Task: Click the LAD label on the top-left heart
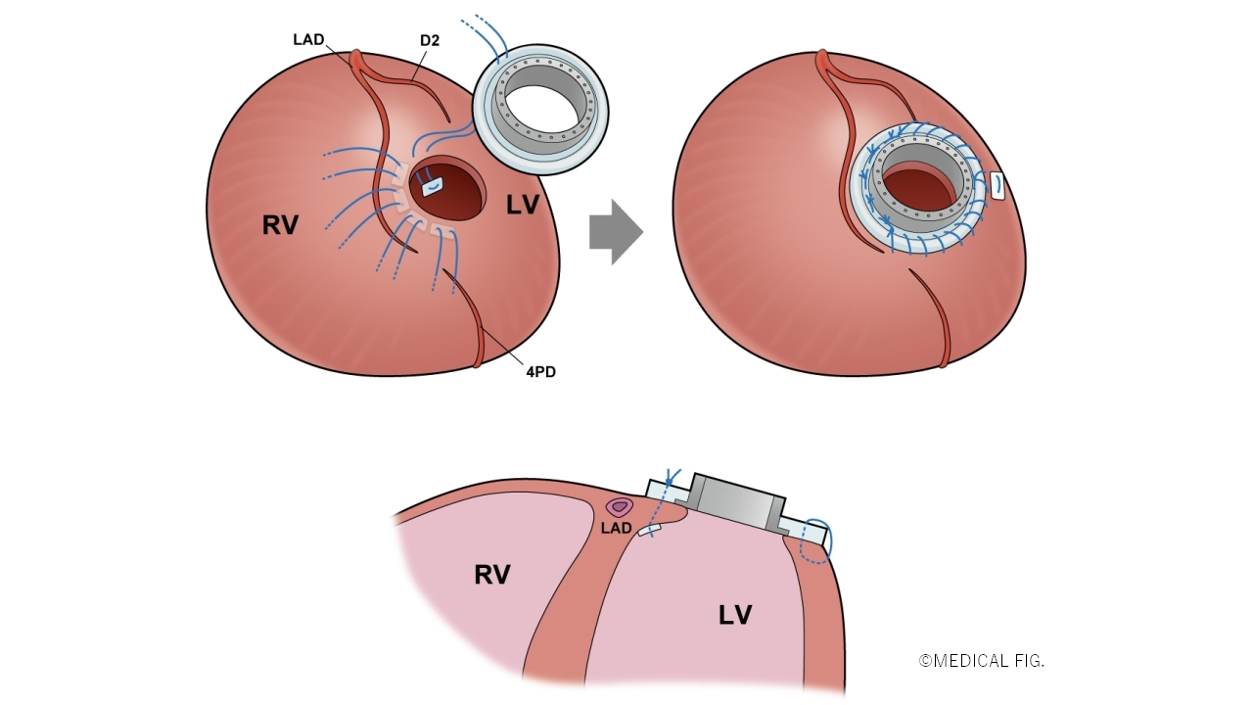point(308,40)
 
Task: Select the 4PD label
point(539,372)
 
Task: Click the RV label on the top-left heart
point(280,225)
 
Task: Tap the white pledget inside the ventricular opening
point(433,184)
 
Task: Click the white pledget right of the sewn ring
point(998,186)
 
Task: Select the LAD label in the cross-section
point(616,529)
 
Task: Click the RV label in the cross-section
point(492,575)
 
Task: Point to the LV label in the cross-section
point(735,615)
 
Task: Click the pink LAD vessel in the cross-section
point(619,507)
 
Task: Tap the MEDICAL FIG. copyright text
point(982,661)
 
